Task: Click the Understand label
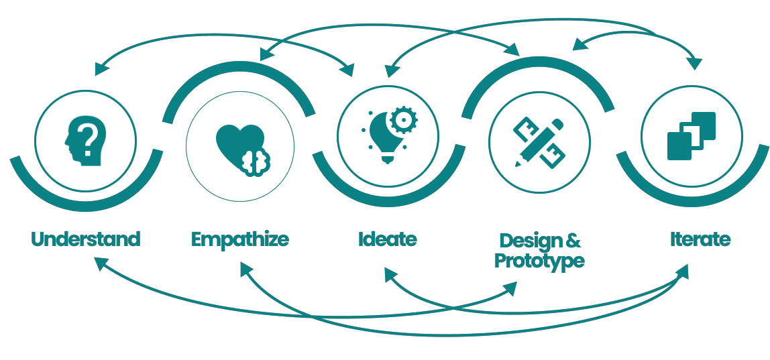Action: coord(85,239)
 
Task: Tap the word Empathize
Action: coord(239,239)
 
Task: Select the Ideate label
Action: coord(387,239)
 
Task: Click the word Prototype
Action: coord(539,261)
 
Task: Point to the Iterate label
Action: coord(700,239)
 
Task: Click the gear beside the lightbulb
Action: coord(404,120)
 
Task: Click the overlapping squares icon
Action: coord(692,135)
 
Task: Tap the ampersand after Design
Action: coord(573,241)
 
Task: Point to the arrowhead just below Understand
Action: coord(100,263)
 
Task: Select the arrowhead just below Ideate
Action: coord(388,274)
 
